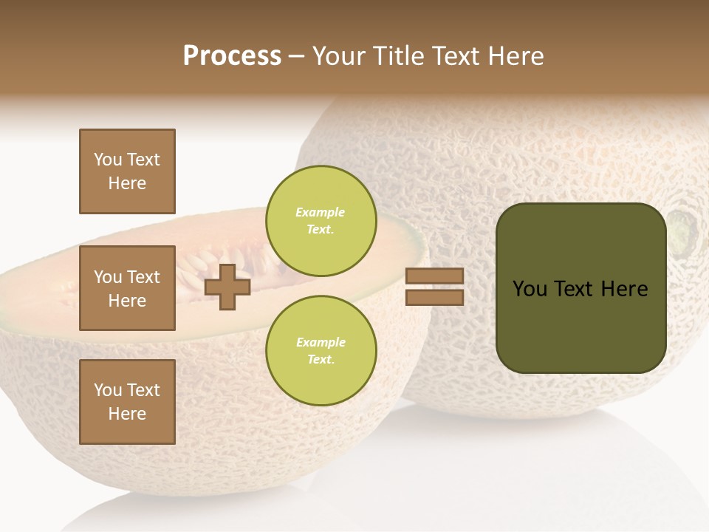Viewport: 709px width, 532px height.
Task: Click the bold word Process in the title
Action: (232, 56)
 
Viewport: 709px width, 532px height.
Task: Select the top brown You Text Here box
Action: (127, 171)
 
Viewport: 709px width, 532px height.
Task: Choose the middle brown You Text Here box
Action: (127, 288)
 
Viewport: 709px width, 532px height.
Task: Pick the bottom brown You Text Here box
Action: (127, 402)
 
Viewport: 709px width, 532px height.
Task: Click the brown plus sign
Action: (227, 287)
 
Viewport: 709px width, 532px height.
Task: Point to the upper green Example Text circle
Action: (321, 220)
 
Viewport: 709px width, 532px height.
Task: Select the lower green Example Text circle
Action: (321, 350)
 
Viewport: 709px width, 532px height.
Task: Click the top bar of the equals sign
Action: (435, 276)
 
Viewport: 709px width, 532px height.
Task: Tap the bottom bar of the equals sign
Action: (435, 297)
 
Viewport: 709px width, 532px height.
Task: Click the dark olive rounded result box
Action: (580, 288)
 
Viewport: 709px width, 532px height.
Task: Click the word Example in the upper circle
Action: (321, 212)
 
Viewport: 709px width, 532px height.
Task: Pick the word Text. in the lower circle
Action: (321, 360)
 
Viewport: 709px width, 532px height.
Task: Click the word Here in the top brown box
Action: (127, 183)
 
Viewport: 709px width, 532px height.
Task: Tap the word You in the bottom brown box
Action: (108, 390)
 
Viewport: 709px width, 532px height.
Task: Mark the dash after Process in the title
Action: (297, 56)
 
